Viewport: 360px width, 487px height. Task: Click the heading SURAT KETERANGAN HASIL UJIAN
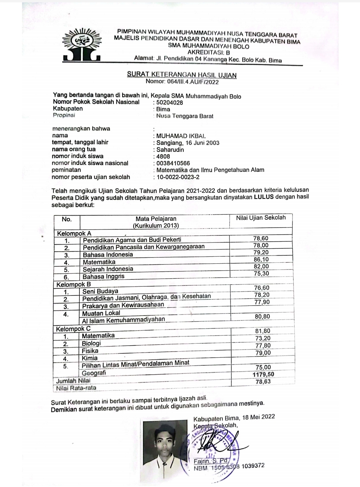(x=182, y=75)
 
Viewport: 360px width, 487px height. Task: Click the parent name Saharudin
(x=170, y=150)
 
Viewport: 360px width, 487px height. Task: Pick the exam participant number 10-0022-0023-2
(x=178, y=177)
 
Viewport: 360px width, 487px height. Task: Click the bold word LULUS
(x=264, y=197)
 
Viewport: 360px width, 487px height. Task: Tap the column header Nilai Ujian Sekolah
(x=261, y=218)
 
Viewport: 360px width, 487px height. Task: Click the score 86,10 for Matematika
(x=261, y=259)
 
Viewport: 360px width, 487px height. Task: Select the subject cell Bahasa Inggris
(x=104, y=276)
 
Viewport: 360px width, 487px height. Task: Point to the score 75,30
(x=261, y=273)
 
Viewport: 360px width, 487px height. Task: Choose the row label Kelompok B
(x=73, y=284)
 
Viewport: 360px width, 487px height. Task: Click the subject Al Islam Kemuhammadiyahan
(x=124, y=320)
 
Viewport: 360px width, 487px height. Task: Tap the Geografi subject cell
(x=94, y=373)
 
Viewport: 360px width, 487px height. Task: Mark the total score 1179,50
(x=263, y=374)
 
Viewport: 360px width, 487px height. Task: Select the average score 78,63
(x=263, y=381)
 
